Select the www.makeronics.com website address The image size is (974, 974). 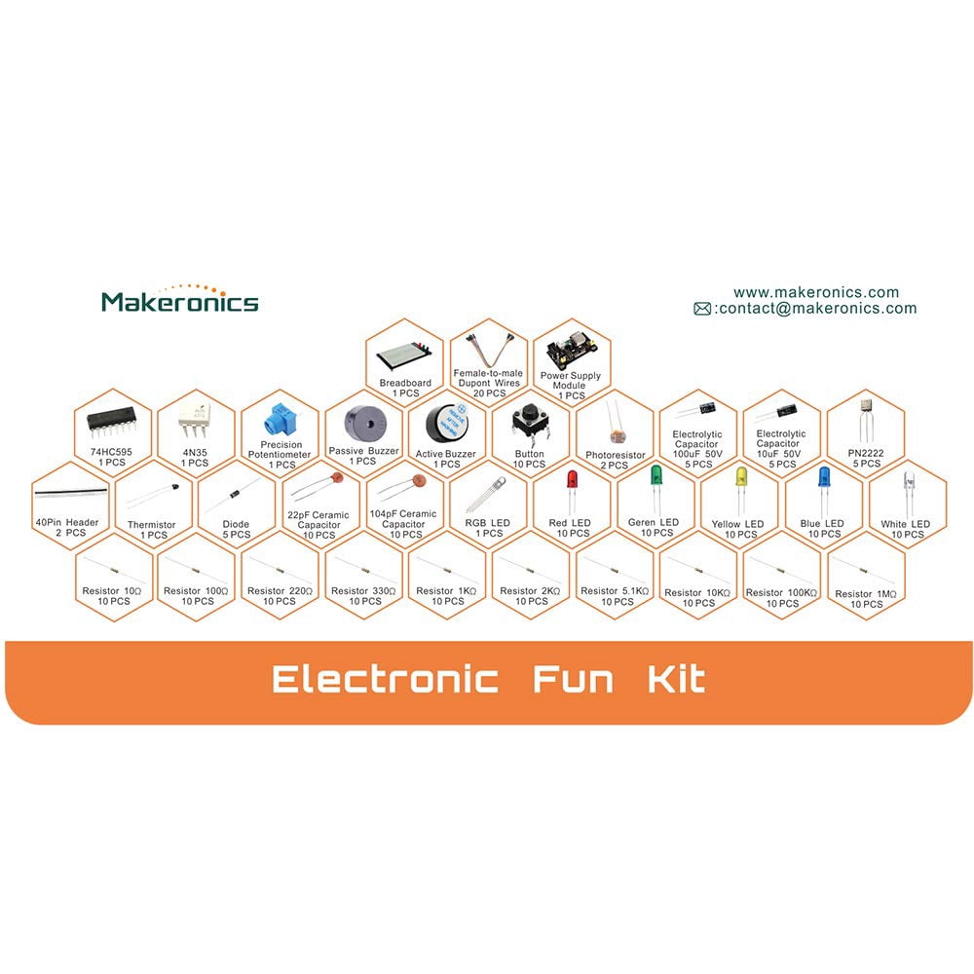point(816,292)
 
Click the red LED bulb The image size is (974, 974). point(572,479)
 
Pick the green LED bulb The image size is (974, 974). point(656,475)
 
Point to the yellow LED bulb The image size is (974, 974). point(740,476)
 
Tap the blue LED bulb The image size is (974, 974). point(824,476)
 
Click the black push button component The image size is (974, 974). point(530,421)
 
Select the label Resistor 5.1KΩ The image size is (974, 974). point(615,591)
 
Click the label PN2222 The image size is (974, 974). point(865,454)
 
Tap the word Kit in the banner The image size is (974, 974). point(677,679)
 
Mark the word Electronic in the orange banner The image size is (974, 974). point(385,679)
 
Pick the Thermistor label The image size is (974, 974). point(152,525)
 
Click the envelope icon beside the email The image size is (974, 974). point(702,309)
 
